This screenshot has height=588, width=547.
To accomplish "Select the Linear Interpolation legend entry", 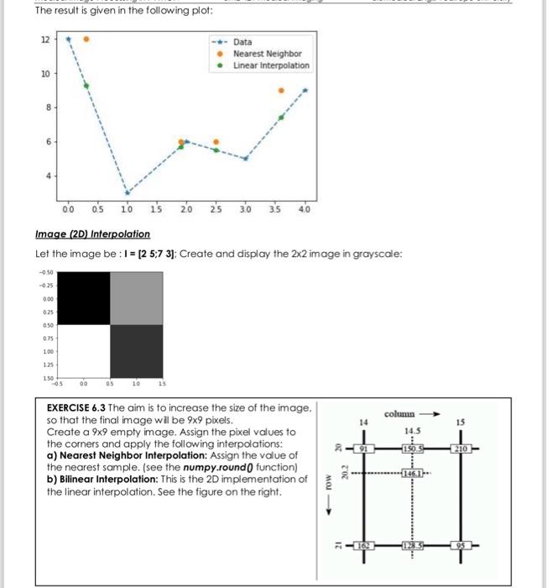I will click(x=270, y=65).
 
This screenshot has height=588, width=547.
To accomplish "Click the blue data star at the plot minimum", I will click(x=128, y=192).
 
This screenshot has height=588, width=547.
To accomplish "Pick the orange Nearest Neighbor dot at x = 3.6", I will click(x=281, y=90).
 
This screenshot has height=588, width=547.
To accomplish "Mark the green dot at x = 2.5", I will click(x=216, y=150).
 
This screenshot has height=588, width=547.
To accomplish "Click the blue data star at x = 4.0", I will click(x=305, y=90).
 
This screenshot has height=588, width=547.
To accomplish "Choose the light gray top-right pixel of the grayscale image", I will click(x=136, y=298).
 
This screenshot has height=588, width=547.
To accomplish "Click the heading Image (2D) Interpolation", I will click(x=92, y=234).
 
